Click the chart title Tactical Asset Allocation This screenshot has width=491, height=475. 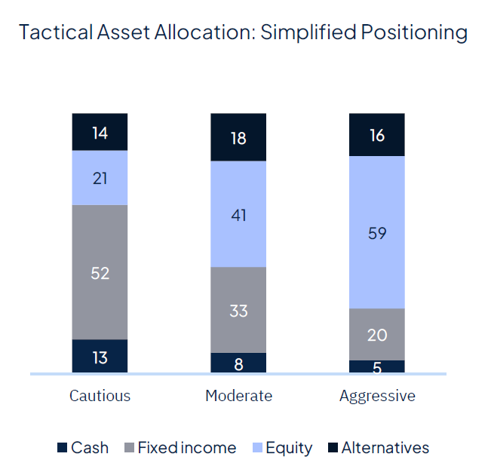243,32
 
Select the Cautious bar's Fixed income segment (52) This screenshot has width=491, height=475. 100,272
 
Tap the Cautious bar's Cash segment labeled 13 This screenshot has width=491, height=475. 100,356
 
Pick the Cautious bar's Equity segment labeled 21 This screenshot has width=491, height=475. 100,178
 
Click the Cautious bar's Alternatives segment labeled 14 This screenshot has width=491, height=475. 100,133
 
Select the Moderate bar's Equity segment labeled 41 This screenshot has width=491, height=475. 238,214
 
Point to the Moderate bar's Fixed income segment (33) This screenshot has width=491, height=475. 238,310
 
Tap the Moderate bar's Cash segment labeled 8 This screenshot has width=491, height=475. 238,363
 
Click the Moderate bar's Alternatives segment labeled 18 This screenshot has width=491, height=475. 238,137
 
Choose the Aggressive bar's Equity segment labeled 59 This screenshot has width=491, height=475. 377,232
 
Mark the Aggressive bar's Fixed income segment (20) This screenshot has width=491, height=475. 377,334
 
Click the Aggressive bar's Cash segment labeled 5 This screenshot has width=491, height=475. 377,366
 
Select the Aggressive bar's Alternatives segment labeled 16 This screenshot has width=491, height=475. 377,135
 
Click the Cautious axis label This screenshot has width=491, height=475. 100,396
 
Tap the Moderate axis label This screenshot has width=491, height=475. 238,396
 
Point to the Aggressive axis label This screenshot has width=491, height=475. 377,396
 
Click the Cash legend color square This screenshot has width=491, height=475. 63,448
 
